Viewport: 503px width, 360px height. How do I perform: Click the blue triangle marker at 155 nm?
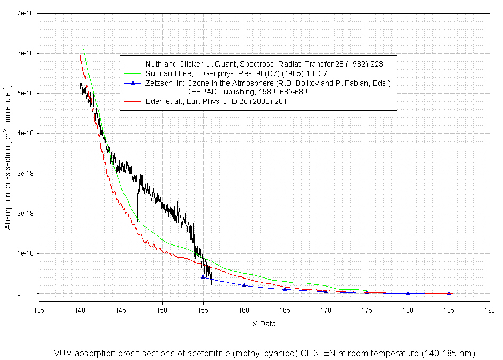[203, 277]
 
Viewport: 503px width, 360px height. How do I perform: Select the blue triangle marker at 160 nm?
[244, 285]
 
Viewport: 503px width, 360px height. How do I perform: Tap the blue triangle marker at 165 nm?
[285, 289]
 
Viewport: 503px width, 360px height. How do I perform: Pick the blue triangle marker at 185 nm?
[449, 293]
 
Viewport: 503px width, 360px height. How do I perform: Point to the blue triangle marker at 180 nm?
[408, 293]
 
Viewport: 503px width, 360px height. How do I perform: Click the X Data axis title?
[264, 323]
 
